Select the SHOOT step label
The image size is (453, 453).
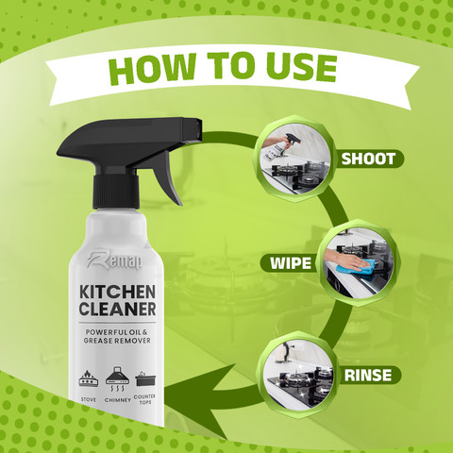368,159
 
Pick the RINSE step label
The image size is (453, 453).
368,375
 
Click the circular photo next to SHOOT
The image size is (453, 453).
295,159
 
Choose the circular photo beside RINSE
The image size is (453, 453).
298,375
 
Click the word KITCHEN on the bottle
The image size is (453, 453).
117,293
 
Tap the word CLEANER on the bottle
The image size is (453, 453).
117,309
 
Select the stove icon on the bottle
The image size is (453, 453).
89,378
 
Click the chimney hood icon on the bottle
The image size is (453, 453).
118,378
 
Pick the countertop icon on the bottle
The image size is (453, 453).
145,379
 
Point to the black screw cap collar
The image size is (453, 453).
116,191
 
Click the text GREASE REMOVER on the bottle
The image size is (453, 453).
117,341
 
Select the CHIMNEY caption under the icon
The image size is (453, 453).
118,400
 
